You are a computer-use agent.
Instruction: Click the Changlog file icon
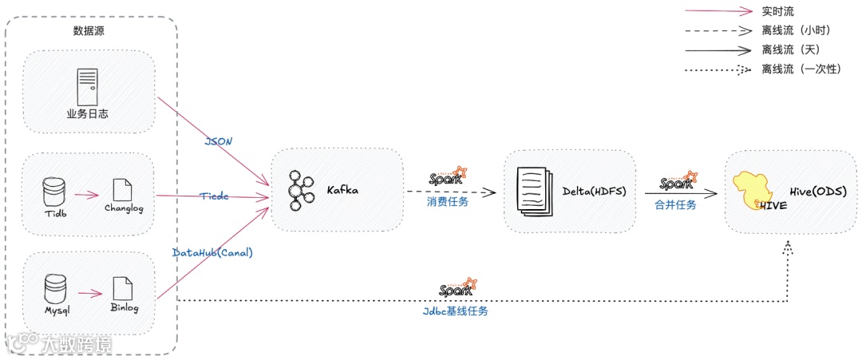pos(123,190)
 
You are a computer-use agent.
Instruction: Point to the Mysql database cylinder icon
pos(54,288)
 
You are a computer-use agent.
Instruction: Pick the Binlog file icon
pos(123,287)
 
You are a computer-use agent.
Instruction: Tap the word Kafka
pos(344,191)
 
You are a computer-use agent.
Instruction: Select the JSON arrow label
pos(219,141)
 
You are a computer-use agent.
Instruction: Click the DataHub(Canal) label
pos(213,252)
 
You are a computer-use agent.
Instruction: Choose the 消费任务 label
pos(448,202)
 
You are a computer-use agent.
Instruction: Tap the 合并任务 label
pos(675,204)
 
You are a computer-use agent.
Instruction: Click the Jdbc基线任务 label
pos(455,311)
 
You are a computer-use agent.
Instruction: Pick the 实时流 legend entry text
pos(778,11)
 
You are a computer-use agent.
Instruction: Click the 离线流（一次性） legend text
pos(802,69)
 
